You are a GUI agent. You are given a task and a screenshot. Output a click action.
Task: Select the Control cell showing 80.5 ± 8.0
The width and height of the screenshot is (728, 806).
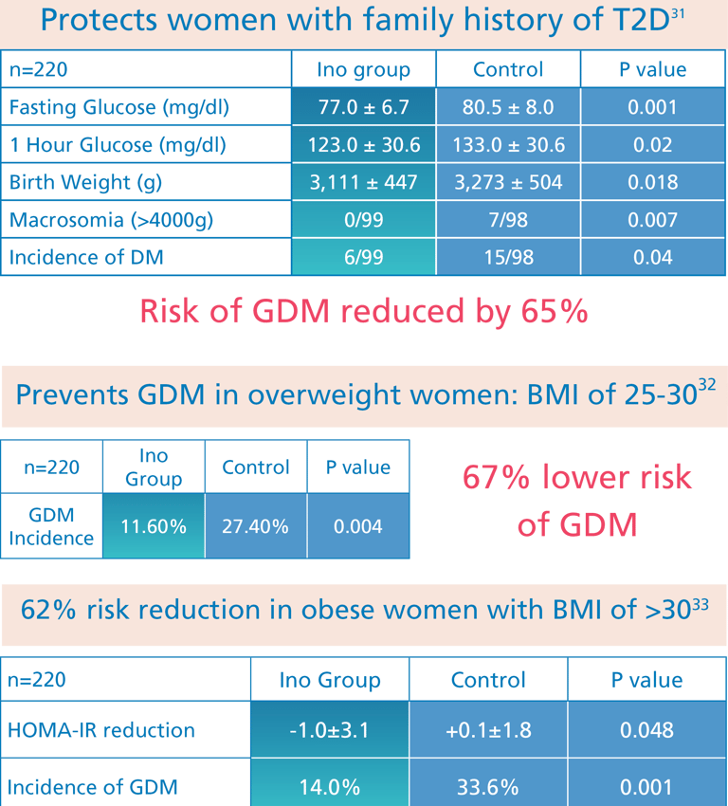tap(508, 107)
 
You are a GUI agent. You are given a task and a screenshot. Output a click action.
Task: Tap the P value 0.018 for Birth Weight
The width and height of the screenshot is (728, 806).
tap(652, 183)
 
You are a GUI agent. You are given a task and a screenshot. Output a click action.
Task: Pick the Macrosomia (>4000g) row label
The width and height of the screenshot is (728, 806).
tap(111, 221)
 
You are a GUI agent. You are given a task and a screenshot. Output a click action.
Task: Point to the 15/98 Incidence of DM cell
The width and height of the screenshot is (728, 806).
tap(508, 257)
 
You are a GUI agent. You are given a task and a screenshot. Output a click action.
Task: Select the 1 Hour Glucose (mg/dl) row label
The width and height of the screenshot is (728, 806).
tap(118, 145)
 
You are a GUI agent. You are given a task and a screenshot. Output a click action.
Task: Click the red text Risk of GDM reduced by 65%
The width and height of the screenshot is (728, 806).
tap(364, 310)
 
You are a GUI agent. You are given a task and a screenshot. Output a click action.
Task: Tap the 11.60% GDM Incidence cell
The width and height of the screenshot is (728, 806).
tap(154, 525)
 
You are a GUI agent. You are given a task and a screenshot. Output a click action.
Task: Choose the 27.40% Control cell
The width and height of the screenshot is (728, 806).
tap(255, 525)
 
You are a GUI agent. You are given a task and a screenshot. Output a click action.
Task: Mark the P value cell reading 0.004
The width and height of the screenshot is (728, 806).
tap(358, 525)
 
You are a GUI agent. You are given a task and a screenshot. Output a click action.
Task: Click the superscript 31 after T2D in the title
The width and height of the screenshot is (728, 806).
tap(677, 14)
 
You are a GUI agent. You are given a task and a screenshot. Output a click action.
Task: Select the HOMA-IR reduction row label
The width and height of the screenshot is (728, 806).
tap(101, 730)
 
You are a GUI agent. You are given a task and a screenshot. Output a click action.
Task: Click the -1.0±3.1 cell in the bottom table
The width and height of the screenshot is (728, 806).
tap(330, 730)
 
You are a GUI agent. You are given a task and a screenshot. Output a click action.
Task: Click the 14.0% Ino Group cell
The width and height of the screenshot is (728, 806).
tap(330, 786)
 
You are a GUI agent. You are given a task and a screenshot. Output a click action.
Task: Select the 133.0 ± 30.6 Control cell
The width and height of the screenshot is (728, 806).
tap(508, 145)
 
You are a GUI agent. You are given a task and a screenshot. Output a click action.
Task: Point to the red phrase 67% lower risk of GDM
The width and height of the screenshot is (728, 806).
tap(576, 500)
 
